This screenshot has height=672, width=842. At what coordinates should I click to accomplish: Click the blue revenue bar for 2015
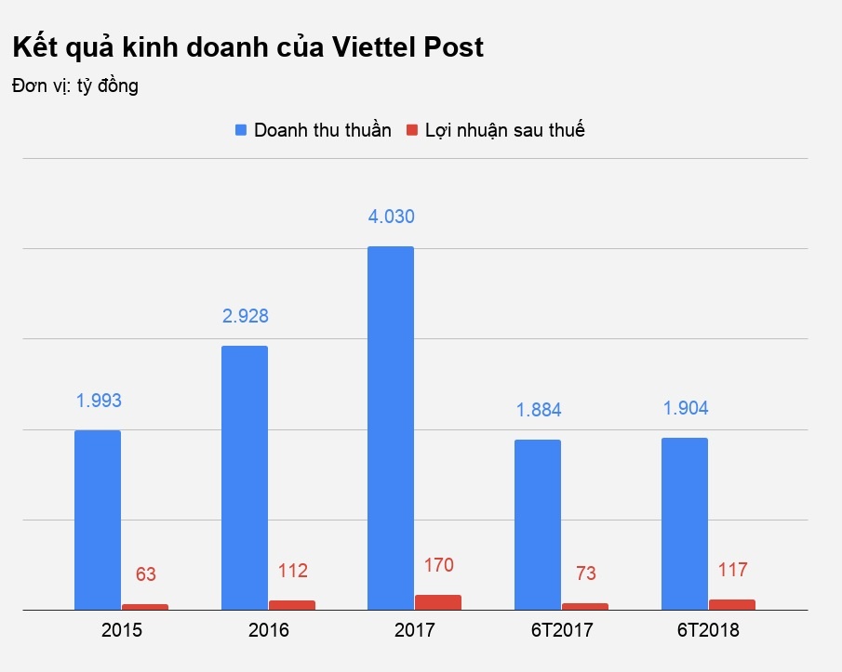(98, 520)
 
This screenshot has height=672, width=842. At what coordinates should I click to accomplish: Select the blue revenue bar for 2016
(244, 478)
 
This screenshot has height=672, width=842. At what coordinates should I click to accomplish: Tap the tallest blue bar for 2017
(391, 428)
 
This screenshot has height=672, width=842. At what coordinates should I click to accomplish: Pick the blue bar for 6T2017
(538, 524)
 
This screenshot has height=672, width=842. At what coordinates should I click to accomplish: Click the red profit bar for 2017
(438, 602)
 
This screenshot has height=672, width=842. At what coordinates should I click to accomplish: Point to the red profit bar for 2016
(291, 605)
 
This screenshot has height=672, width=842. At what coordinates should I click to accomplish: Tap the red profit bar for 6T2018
(732, 604)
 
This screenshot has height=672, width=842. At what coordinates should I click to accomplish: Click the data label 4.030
(391, 217)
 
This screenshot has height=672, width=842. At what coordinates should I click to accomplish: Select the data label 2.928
(245, 316)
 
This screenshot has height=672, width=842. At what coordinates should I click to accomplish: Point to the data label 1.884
(539, 410)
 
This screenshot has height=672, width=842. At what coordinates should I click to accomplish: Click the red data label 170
(438, 565)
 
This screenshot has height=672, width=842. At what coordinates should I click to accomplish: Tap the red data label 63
(146, 574)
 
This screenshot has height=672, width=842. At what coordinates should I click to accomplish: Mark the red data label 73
(586, 573)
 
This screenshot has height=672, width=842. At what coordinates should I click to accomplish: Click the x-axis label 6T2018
(708, 631)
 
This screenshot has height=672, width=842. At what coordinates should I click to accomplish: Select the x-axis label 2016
(269, 631)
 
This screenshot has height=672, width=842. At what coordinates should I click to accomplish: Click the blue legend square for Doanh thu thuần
(241, 131)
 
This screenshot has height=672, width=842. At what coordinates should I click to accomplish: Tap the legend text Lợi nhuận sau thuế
(504, 130)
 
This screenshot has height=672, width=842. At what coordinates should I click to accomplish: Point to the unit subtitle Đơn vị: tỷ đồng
(75, 86)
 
